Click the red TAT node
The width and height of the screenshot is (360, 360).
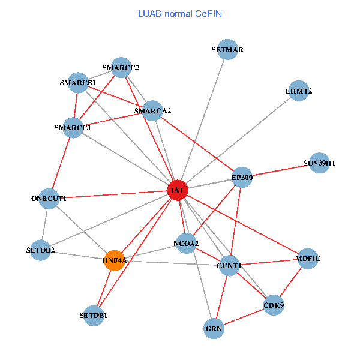click(178, 190)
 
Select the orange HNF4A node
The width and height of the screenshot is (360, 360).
click(114, 260)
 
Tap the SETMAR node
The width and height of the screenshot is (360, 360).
click(227, 50)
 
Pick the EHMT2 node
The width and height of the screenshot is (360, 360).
click(299, 91)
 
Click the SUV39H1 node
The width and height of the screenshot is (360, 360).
click(319, 163)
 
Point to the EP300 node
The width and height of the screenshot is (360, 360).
click(242, 177)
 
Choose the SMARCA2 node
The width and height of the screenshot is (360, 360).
click(153, 110)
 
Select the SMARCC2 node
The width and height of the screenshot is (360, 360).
click(121, 68)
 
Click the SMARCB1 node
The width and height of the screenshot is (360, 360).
click(78, 82)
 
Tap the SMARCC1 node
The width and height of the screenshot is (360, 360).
click(73, 128)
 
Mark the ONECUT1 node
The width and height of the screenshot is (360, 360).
click(49, 198)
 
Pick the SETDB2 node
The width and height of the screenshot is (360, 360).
click(41, 250)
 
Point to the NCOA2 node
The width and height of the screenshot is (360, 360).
click(186, 242)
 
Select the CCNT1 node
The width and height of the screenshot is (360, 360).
click(229, 265)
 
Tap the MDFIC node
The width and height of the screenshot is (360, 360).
click(308, 259)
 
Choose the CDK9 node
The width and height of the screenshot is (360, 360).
click(274, 305)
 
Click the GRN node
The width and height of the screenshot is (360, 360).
click(214, 329)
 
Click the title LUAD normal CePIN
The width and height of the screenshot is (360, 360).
click(180, 13)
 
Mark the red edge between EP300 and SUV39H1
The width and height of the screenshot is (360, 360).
click(280, 170)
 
